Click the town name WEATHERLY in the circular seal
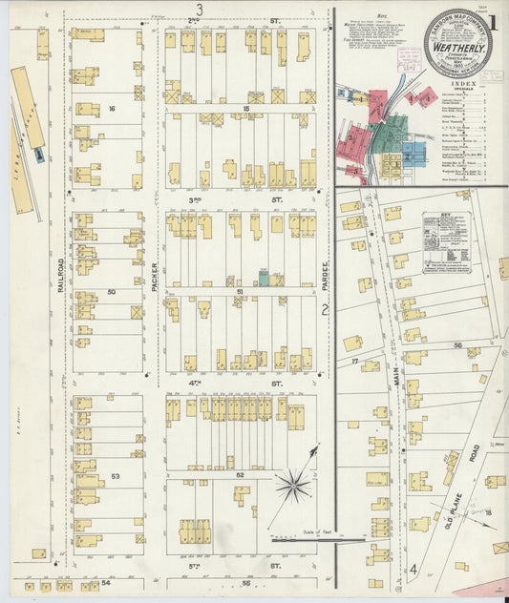pyautogui.click(x=457, y=47)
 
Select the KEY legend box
pyautogui.click(x=447, y=243)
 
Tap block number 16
pyautogui.click(x=112, y=109)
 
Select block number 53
pyautogui.click(x=115, y=475)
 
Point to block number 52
pyautogui.click(x=240, y=474)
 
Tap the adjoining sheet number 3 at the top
pyautogui.click(x=200, y=9)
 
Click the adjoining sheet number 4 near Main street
pyautogui.click(x=414, y=570)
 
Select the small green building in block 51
pyautogui.click(x=264, y=280)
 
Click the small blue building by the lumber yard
pyautogui.click(x=38, y=154)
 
